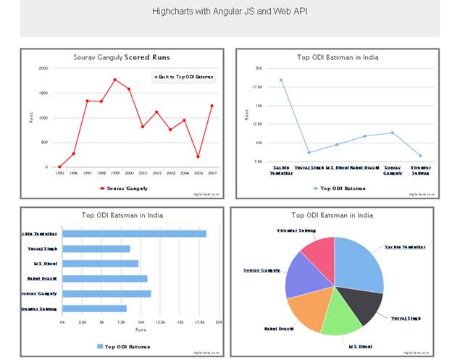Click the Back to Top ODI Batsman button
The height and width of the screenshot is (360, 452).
(183, 77)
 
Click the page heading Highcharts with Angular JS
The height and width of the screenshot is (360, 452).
(228, 12)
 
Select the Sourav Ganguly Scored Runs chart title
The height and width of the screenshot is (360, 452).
(122, 57)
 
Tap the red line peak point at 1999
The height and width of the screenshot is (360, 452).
(114, 80)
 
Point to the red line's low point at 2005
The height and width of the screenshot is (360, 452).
(198, 156)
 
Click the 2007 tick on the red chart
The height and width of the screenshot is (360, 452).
(212, 174)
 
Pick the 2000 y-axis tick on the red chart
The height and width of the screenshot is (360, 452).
(43, 68)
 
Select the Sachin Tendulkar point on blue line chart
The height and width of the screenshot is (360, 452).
(281, 80)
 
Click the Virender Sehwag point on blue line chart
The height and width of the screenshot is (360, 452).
(420, 156)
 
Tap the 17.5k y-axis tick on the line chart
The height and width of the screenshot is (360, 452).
(257, 87)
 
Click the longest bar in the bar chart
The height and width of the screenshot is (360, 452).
(134, 233)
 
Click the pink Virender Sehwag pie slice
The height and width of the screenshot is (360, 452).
(319, 250)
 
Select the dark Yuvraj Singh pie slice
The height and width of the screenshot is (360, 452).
(365, 304)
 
